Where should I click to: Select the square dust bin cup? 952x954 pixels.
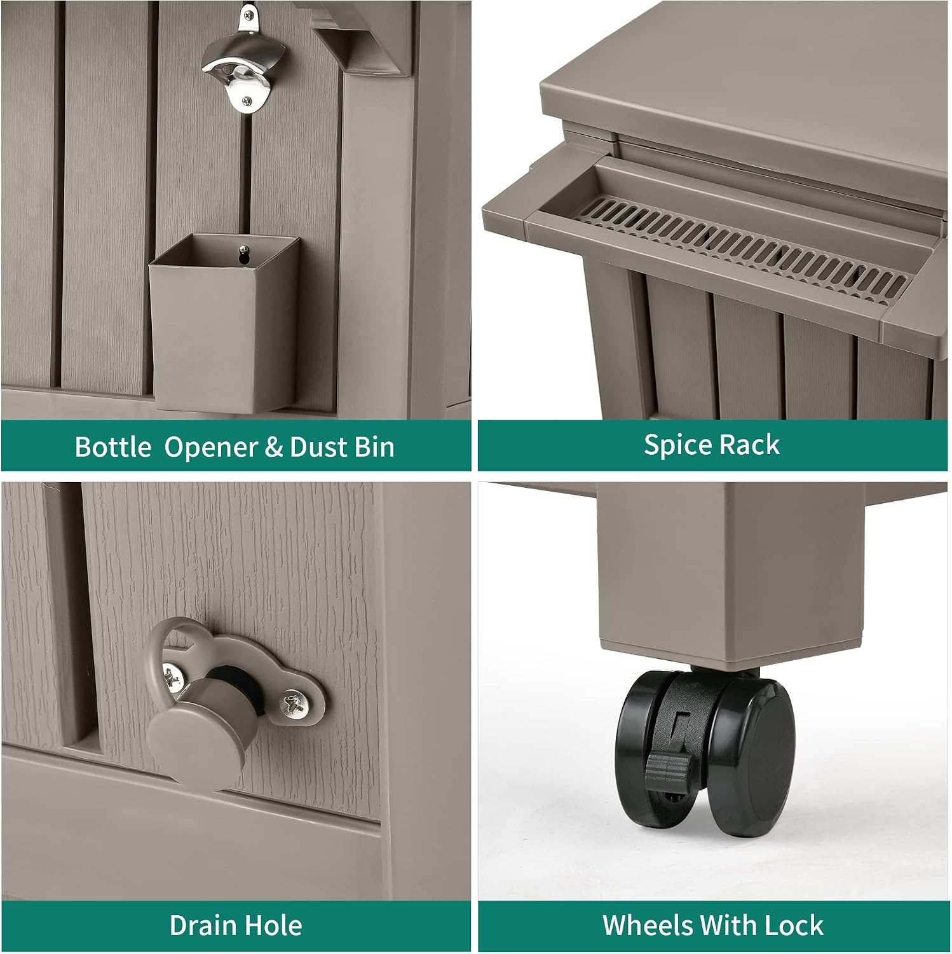(223, 322)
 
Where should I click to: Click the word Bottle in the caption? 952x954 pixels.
(113, 446)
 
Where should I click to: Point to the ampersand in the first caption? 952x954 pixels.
(274, 447)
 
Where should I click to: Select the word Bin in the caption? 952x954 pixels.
(375, 446)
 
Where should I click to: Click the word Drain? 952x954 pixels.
(201, 925)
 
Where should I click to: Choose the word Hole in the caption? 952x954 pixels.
(273, 925)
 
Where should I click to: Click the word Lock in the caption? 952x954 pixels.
(794, 925)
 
